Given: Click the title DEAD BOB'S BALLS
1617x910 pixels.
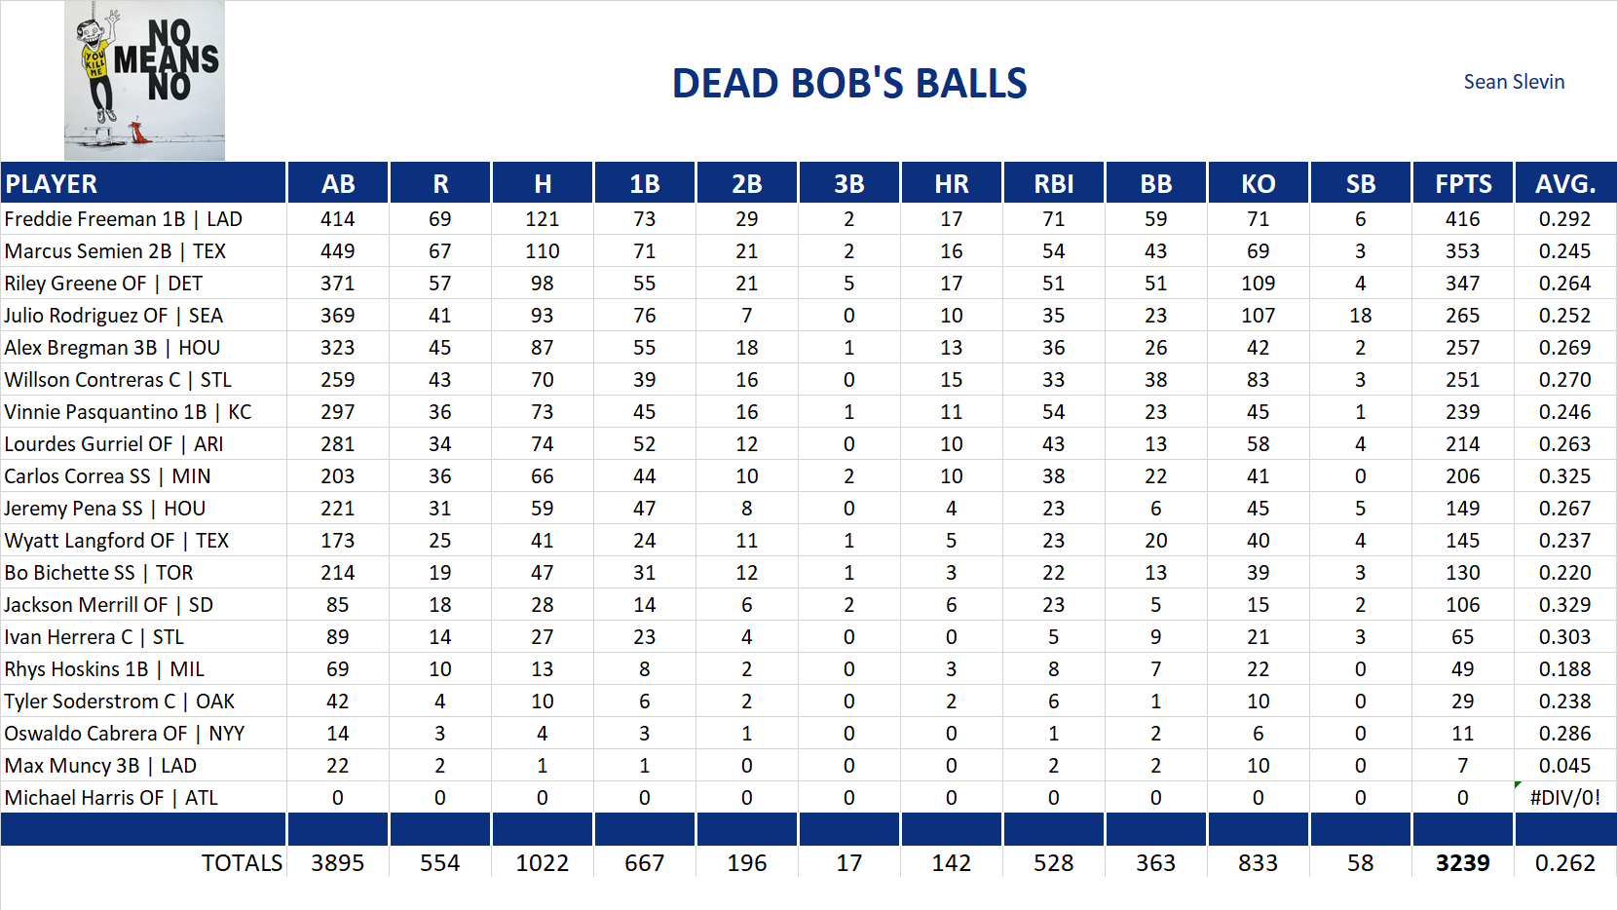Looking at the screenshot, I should point(849,84).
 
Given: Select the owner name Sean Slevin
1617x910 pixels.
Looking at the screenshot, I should point(1514,82).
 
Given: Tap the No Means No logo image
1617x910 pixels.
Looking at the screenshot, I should point(144,80).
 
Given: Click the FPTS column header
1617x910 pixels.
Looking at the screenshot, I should point(1462,183).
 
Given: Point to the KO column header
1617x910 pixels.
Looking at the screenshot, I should point(1258,183).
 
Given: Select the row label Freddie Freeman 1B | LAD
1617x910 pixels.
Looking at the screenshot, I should point(124,219).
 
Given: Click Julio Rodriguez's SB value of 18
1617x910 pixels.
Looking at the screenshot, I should point(1360,316).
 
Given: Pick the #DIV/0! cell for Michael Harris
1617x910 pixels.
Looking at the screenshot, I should point(1564,798).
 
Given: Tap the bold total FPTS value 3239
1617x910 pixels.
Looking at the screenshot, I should point(1462,863).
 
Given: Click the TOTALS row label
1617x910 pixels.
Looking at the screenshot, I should point(242,863).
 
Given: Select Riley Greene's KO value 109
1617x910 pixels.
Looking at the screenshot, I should point(1258,284).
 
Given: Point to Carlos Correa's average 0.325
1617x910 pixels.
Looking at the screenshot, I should point(1564,476).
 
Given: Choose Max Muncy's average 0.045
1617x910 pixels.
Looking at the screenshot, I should point(1564,766).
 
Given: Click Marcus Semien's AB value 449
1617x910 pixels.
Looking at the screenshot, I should point(337,251).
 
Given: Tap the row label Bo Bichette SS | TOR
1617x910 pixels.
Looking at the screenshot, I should point(98,573).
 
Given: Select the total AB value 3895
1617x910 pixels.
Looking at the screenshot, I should point(337,863).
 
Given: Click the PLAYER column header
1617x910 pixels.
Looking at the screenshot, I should point(52,183).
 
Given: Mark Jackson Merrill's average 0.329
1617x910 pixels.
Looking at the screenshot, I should point(1564,605).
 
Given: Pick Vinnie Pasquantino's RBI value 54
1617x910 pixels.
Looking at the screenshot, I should point(1053,412).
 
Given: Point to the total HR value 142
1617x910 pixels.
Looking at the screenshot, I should point(951,863).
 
